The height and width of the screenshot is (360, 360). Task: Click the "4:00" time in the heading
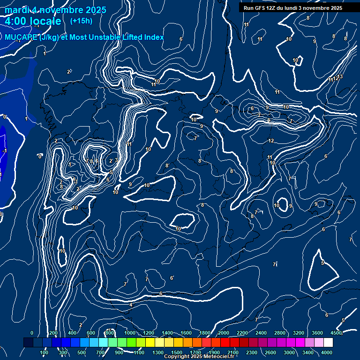point(15,21)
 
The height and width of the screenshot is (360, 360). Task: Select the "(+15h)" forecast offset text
point(81,21)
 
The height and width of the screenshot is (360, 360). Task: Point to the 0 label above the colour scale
point(32,333)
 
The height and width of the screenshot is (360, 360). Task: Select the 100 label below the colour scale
point(44,352)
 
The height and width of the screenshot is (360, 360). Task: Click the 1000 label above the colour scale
point(130,333)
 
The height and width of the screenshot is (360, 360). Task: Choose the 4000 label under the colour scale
point(327,352)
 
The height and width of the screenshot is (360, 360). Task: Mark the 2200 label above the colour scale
point(242,333)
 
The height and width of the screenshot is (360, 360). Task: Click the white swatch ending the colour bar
point(328,343)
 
